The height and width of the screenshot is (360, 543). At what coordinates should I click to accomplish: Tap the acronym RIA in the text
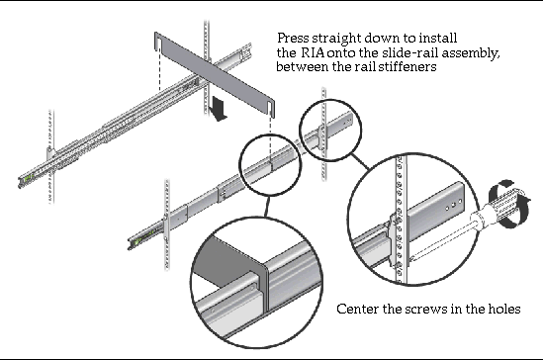(x=314, y=52)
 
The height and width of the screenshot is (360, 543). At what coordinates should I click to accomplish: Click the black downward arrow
(x=219, y=109)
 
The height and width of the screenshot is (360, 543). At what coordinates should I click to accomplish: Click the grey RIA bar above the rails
(x=215, y=74)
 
